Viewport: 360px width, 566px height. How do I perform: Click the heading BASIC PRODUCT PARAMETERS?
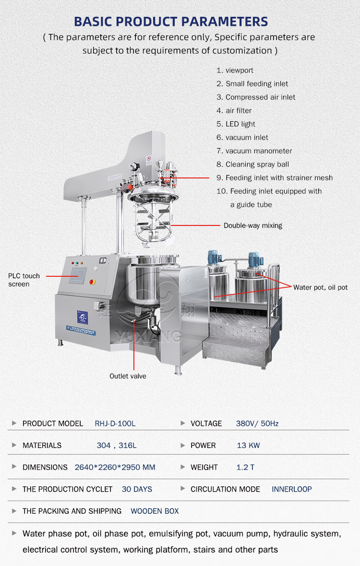[171, 22]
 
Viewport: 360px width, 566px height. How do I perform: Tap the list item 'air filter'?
[234, 110]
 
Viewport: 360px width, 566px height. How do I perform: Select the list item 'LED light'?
[236, 124]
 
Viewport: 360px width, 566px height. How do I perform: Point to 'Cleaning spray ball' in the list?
[253, 164]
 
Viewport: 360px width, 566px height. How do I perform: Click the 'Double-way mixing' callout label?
[253, 225]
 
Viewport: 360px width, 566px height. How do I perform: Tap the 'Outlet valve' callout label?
[128, 376]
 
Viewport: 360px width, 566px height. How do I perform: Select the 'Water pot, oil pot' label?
[320, 287]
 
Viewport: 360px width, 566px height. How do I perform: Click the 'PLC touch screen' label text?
[24, 280]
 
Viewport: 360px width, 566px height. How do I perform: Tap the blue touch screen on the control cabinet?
[78, 275]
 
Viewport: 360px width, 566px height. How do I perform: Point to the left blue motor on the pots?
[214, 257]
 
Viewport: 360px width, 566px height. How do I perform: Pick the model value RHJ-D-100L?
[115, 424]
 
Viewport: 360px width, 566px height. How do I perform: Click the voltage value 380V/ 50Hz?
[257, 424]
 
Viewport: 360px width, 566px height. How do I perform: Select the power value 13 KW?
[249, 446]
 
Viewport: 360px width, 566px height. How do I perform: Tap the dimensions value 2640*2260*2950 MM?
[115, 467]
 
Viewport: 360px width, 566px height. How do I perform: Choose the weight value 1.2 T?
[246, 467]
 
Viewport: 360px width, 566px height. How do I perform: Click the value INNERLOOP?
[292, 489]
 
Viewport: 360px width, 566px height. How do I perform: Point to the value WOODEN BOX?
[155, 511]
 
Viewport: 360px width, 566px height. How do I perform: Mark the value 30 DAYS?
[137, 489]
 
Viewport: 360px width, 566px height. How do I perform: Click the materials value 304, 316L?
[117, 446]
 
